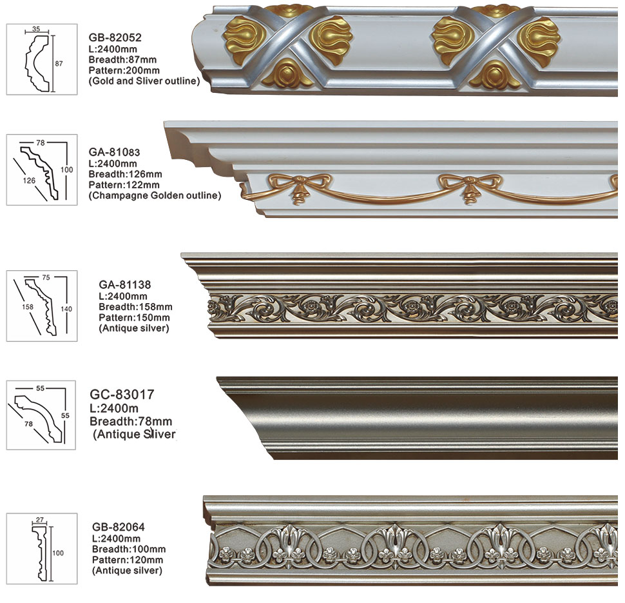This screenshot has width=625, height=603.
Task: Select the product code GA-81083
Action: pos(114,152)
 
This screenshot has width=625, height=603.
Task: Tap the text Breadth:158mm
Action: pos(135,306)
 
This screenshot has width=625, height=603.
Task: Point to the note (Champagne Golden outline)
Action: pos(155,195)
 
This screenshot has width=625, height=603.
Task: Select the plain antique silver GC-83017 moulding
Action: pos(419,417)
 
